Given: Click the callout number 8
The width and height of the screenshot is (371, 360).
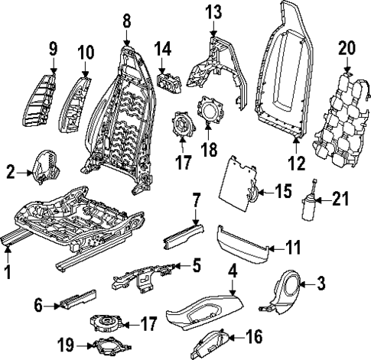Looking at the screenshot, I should [127, 19].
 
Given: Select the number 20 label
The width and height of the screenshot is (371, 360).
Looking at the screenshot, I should [347, 48].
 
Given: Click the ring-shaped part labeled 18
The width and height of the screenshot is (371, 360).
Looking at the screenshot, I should [207, 112].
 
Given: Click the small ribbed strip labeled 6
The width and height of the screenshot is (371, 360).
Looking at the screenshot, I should [77, 297].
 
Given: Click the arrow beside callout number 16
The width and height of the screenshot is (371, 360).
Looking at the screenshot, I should [233, 336].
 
